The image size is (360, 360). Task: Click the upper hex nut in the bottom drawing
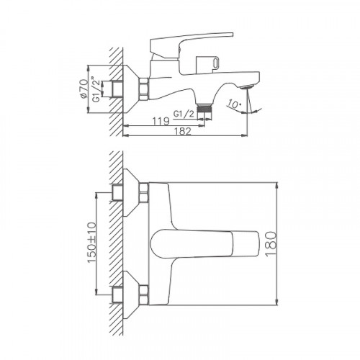143,192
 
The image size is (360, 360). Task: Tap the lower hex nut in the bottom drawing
143,294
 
